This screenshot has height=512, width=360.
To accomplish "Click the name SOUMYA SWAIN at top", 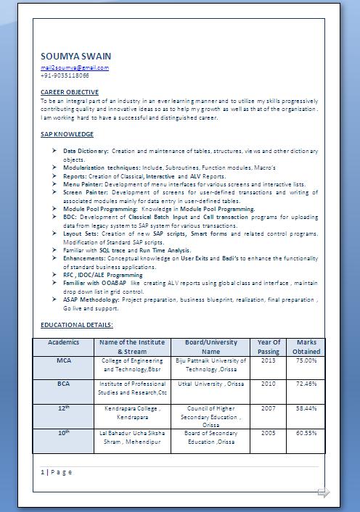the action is [75, 56].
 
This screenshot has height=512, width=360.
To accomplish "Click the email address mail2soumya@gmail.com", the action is [75, 67].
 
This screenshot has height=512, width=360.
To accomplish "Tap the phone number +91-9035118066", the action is [65, 75].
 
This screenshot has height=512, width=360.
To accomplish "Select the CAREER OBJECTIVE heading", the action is [70, 92].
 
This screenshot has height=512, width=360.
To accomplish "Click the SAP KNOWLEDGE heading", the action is [67, 134].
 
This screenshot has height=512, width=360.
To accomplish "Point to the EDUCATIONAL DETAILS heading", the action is [77, 326].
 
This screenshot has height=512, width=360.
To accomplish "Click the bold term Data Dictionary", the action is [86, 151].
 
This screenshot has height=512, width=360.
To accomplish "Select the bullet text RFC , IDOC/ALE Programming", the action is [93, 275].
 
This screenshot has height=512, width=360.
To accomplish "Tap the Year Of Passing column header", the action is [269, 347].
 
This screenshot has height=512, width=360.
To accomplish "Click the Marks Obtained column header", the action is [306, 347].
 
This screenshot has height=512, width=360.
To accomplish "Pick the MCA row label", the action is [64, 360].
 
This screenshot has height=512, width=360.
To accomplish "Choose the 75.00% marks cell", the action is [306, 360].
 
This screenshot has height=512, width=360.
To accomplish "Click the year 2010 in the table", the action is [269, 384].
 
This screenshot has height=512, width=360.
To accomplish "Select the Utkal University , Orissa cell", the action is [211, 384].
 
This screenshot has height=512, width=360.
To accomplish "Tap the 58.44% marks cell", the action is [306, 408].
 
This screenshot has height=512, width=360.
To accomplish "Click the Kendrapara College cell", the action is [132, 413].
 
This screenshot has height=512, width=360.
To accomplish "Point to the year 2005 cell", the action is [269, 433].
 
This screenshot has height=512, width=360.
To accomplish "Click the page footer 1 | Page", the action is [57, 472].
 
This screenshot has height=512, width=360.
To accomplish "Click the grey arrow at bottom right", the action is [324, 492].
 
